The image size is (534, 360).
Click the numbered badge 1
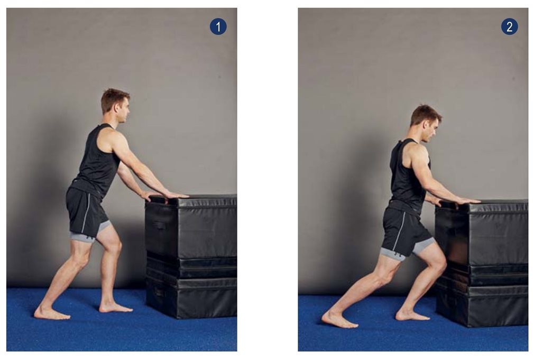[x=218, y=26]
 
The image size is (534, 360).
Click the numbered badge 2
[x=510, y=26]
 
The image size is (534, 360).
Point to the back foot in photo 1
[x=52, y=312]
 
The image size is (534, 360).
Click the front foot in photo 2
[x=412, y=315]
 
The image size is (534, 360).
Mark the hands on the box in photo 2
[x=456, y=201]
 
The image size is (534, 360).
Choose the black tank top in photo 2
[x=408, y=176]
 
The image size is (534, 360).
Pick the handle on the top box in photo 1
[x=159, y=225]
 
